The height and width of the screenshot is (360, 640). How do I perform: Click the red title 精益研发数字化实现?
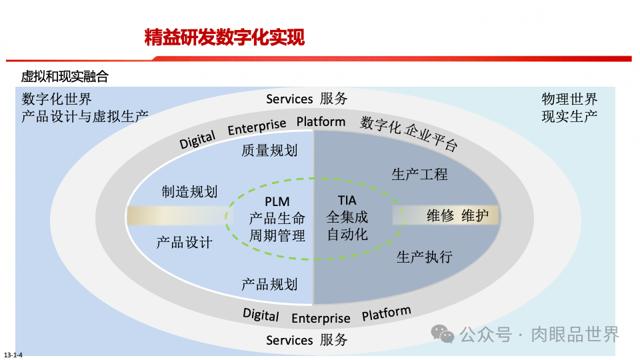point(225,37)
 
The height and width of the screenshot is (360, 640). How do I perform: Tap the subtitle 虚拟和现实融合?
point(65,77)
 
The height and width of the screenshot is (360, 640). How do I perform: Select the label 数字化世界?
point(57,99)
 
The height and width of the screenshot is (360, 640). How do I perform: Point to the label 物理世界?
point(569,99)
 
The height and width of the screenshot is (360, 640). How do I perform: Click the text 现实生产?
point(569,115)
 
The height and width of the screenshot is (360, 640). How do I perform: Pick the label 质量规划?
point(269,150)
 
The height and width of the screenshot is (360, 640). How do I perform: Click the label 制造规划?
point(189,191)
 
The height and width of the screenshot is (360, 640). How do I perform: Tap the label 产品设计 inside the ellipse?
point(184,242)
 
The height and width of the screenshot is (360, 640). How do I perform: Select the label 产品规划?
point(269,284)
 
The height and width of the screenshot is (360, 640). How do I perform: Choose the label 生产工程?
point(419,174)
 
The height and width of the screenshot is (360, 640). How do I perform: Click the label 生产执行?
point(424,257)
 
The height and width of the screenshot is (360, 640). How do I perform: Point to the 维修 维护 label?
point(457,215)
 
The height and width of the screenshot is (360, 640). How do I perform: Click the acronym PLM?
point(277,201)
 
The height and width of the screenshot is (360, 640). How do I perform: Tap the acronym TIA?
point(347,200)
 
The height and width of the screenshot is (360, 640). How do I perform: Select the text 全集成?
point(347,217)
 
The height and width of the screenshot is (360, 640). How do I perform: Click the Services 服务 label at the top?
point(307,99)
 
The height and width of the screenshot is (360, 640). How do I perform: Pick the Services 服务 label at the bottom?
point(307,340)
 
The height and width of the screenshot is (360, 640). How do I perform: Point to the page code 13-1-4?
point(13,354)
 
